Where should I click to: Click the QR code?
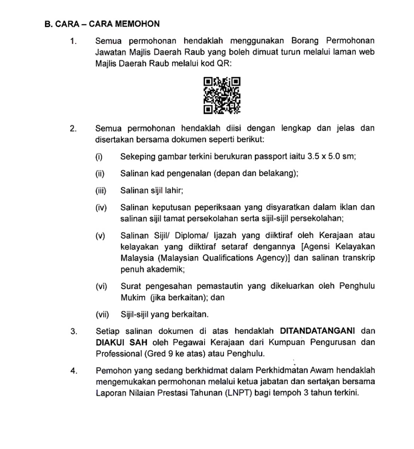pyautogui.click(x=222, y=95)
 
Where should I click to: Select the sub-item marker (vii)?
pyautogui.click(x=102, y=314)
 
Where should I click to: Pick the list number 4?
pyautogui.click(x=73, y=370)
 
